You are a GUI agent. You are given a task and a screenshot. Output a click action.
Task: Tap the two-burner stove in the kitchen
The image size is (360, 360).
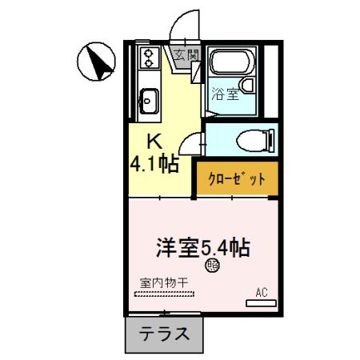click(x=149, y=57)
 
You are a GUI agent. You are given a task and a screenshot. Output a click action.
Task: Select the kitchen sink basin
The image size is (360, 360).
click(x=148, y=100)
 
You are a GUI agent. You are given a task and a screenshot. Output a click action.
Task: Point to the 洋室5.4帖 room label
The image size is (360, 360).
click(x=202, y=246)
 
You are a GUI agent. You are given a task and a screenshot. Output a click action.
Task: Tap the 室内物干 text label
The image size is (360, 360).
click(x=163, y=282)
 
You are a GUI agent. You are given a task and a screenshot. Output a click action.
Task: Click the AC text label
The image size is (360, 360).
click(x=261, y=292)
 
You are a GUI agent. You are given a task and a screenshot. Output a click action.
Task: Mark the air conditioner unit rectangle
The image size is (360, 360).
click(x=261, y=303)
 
